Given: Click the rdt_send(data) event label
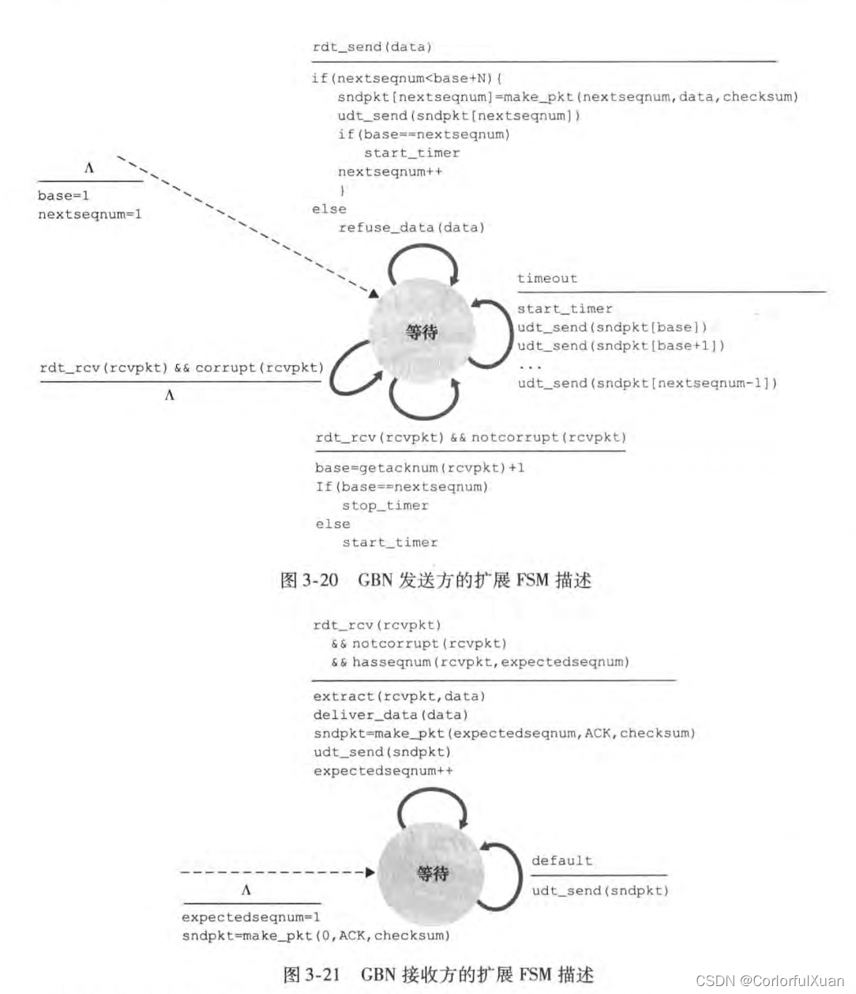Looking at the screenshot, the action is click(372, 47).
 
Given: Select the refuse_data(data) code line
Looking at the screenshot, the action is click(411, 228).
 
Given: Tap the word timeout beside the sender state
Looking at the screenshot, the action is click(547, 278).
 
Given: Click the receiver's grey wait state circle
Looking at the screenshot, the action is click(432, 873).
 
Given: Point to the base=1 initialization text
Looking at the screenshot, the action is click(63, 196).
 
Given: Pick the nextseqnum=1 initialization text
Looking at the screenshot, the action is click(90, 214).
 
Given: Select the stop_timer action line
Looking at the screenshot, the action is click(385, 506).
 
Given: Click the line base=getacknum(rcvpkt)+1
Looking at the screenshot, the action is click(419, 468).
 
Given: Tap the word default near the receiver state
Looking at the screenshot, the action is click(561, 860).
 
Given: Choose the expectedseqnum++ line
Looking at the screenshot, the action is click(383, 770).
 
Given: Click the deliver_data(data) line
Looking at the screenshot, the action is click(390, 715).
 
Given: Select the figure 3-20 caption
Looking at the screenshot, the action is click(436, 581).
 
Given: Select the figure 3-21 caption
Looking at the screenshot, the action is click(437, 974).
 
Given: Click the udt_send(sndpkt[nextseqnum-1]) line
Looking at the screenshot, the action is click(648, 383).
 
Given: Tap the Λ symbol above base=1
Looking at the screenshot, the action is click(89, 168).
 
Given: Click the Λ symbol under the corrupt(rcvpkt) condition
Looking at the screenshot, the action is click(169, 396).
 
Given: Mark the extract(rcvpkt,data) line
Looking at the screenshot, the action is click(399, 696).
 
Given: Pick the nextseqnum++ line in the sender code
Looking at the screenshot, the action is click(390, 171).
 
